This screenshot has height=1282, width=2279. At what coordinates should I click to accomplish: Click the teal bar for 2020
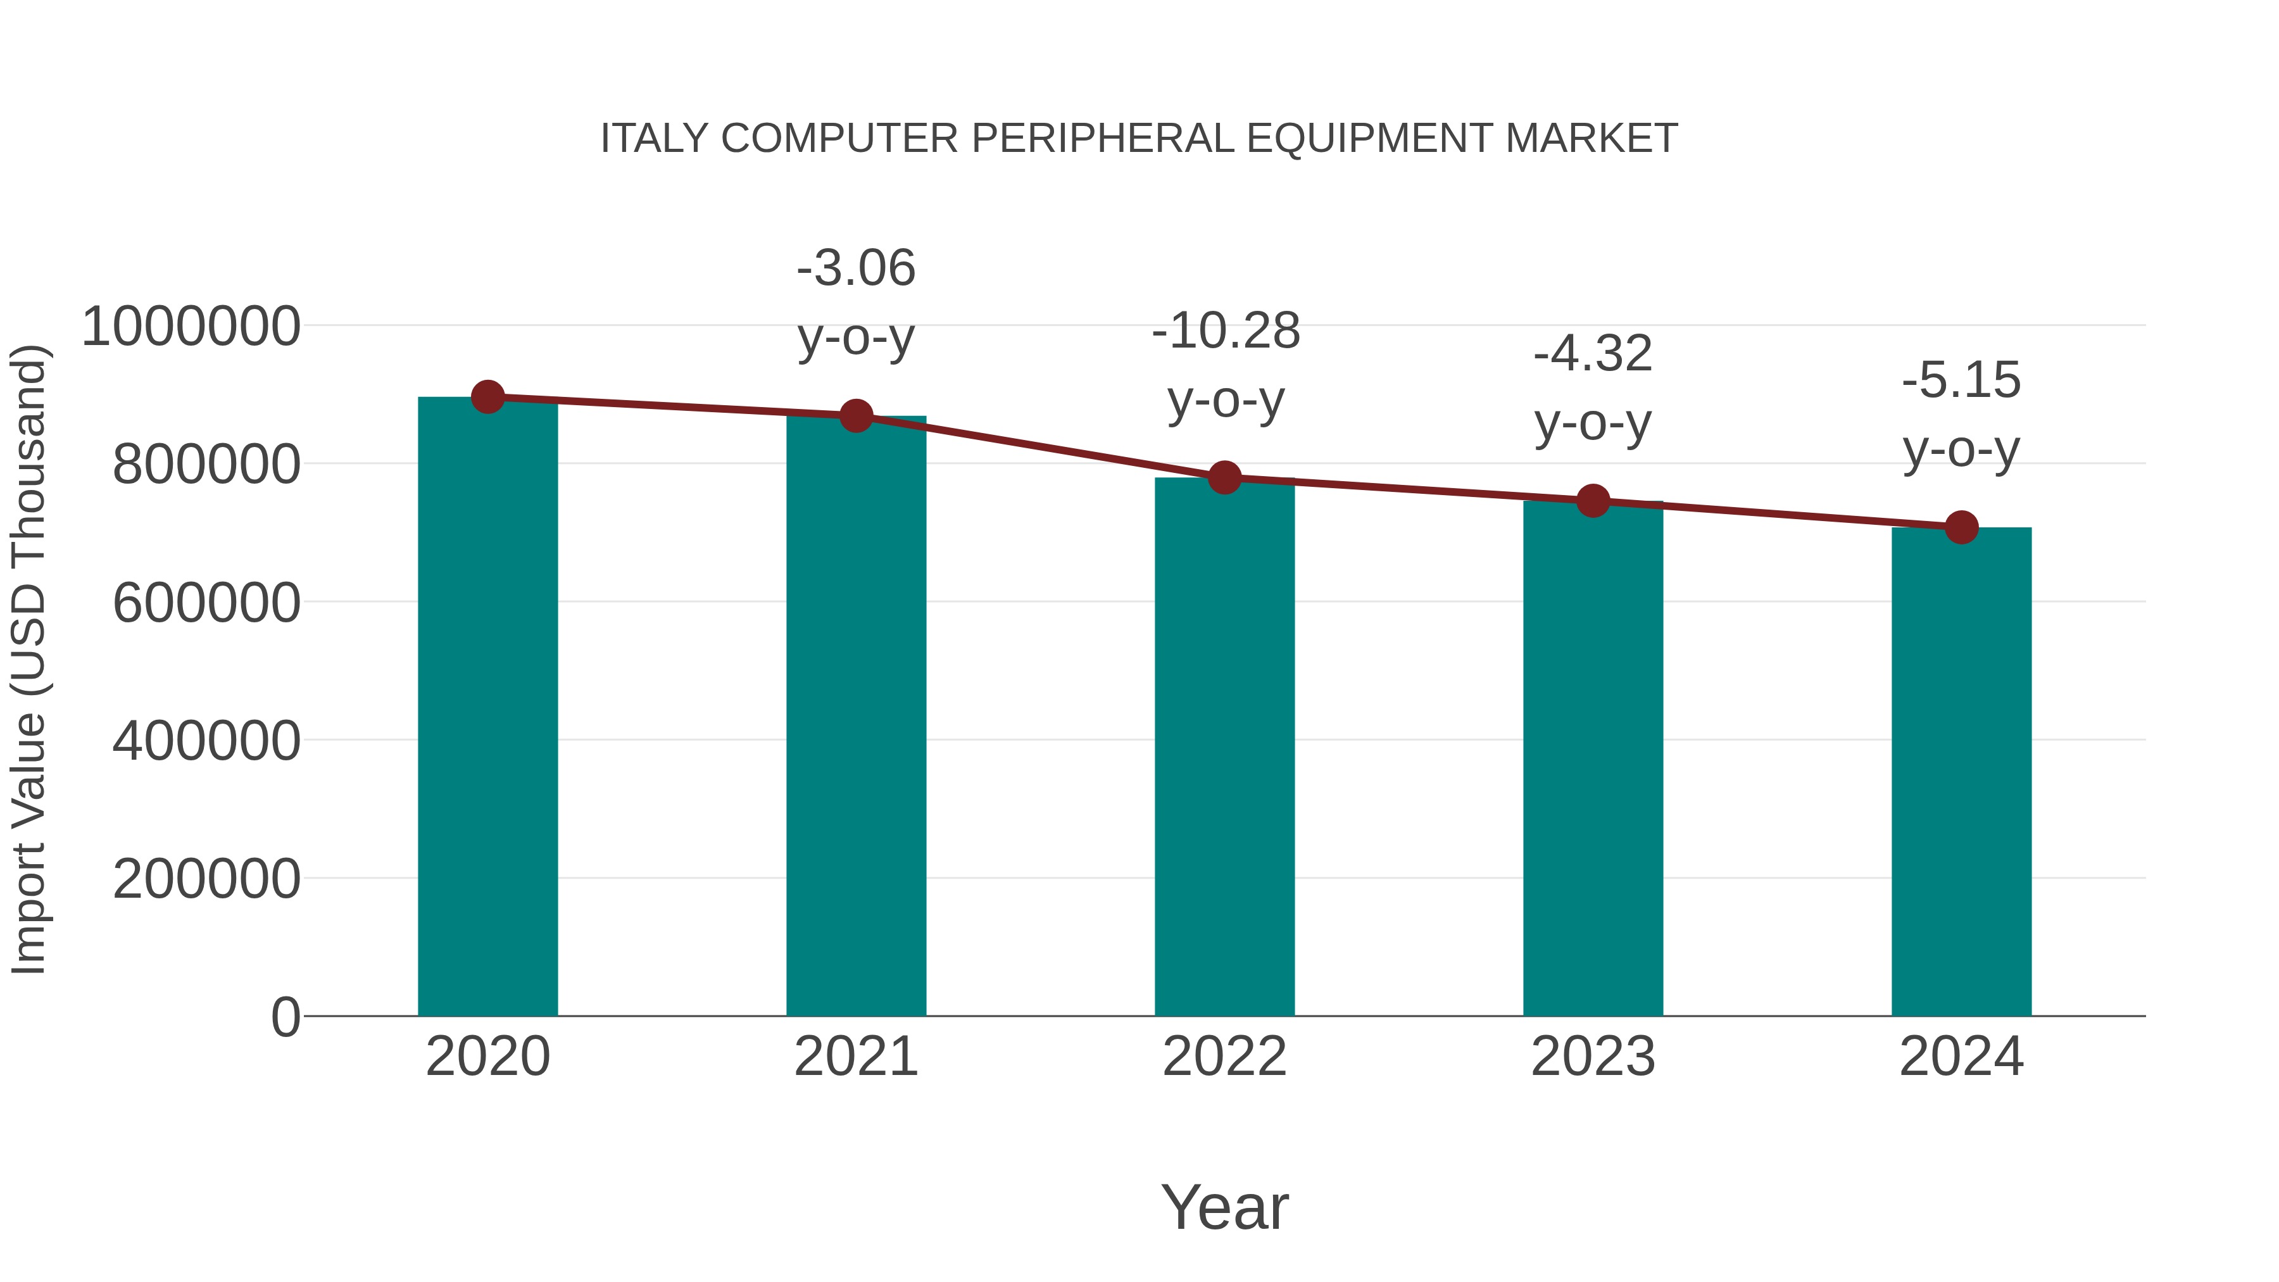point(487,708)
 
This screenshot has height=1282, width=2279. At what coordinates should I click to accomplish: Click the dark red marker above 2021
point(855,416)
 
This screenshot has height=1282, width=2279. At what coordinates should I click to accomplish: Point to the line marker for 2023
point(1593,501)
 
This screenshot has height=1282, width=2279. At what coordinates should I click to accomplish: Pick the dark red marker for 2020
point(487,397)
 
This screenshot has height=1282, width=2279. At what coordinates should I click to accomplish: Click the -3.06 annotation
point(855,268)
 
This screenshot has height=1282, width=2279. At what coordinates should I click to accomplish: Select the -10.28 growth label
point(1226,332)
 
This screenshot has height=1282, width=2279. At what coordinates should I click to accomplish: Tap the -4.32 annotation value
point(1593,354)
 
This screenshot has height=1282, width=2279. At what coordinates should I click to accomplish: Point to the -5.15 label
point(1961,380)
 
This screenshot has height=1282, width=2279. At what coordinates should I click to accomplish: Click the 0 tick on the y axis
point(286,1017)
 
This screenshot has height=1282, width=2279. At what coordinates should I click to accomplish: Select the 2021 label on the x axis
point(855,1057)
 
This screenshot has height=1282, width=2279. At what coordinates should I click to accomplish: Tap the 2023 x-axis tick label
point(1593,1057)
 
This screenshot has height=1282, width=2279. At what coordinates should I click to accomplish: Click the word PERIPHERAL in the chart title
point(1102,139)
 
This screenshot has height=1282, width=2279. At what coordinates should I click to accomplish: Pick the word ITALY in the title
point(655,139)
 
